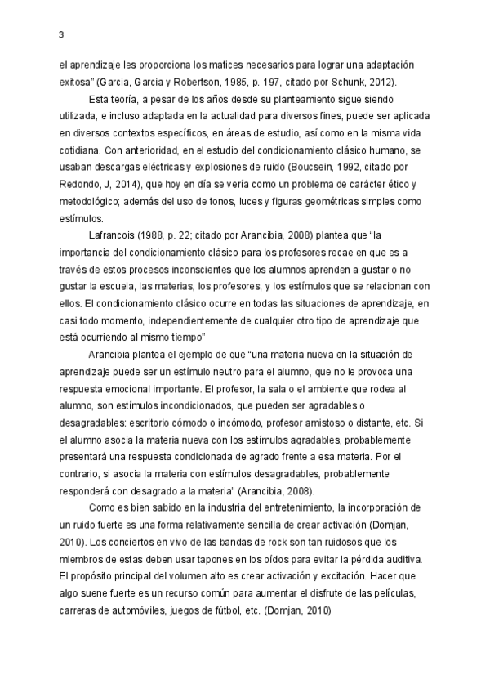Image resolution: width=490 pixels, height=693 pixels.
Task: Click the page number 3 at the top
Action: point(62,34)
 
